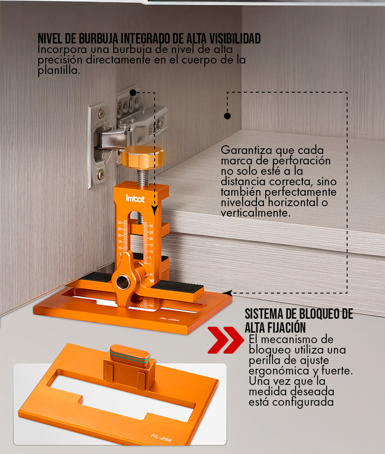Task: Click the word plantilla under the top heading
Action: (58, 70)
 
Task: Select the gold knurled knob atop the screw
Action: (142, 157)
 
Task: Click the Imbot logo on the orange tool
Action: (135, 198)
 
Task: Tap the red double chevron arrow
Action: (226, 340)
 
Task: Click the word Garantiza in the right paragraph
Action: (247, 150)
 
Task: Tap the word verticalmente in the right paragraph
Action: (255, 213)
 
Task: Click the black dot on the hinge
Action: (133, 93)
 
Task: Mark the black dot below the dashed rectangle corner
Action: (227, 116)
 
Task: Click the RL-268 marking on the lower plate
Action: (161, 438)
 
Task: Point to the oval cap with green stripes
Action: (130, 354)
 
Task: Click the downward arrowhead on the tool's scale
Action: (155, 210)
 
